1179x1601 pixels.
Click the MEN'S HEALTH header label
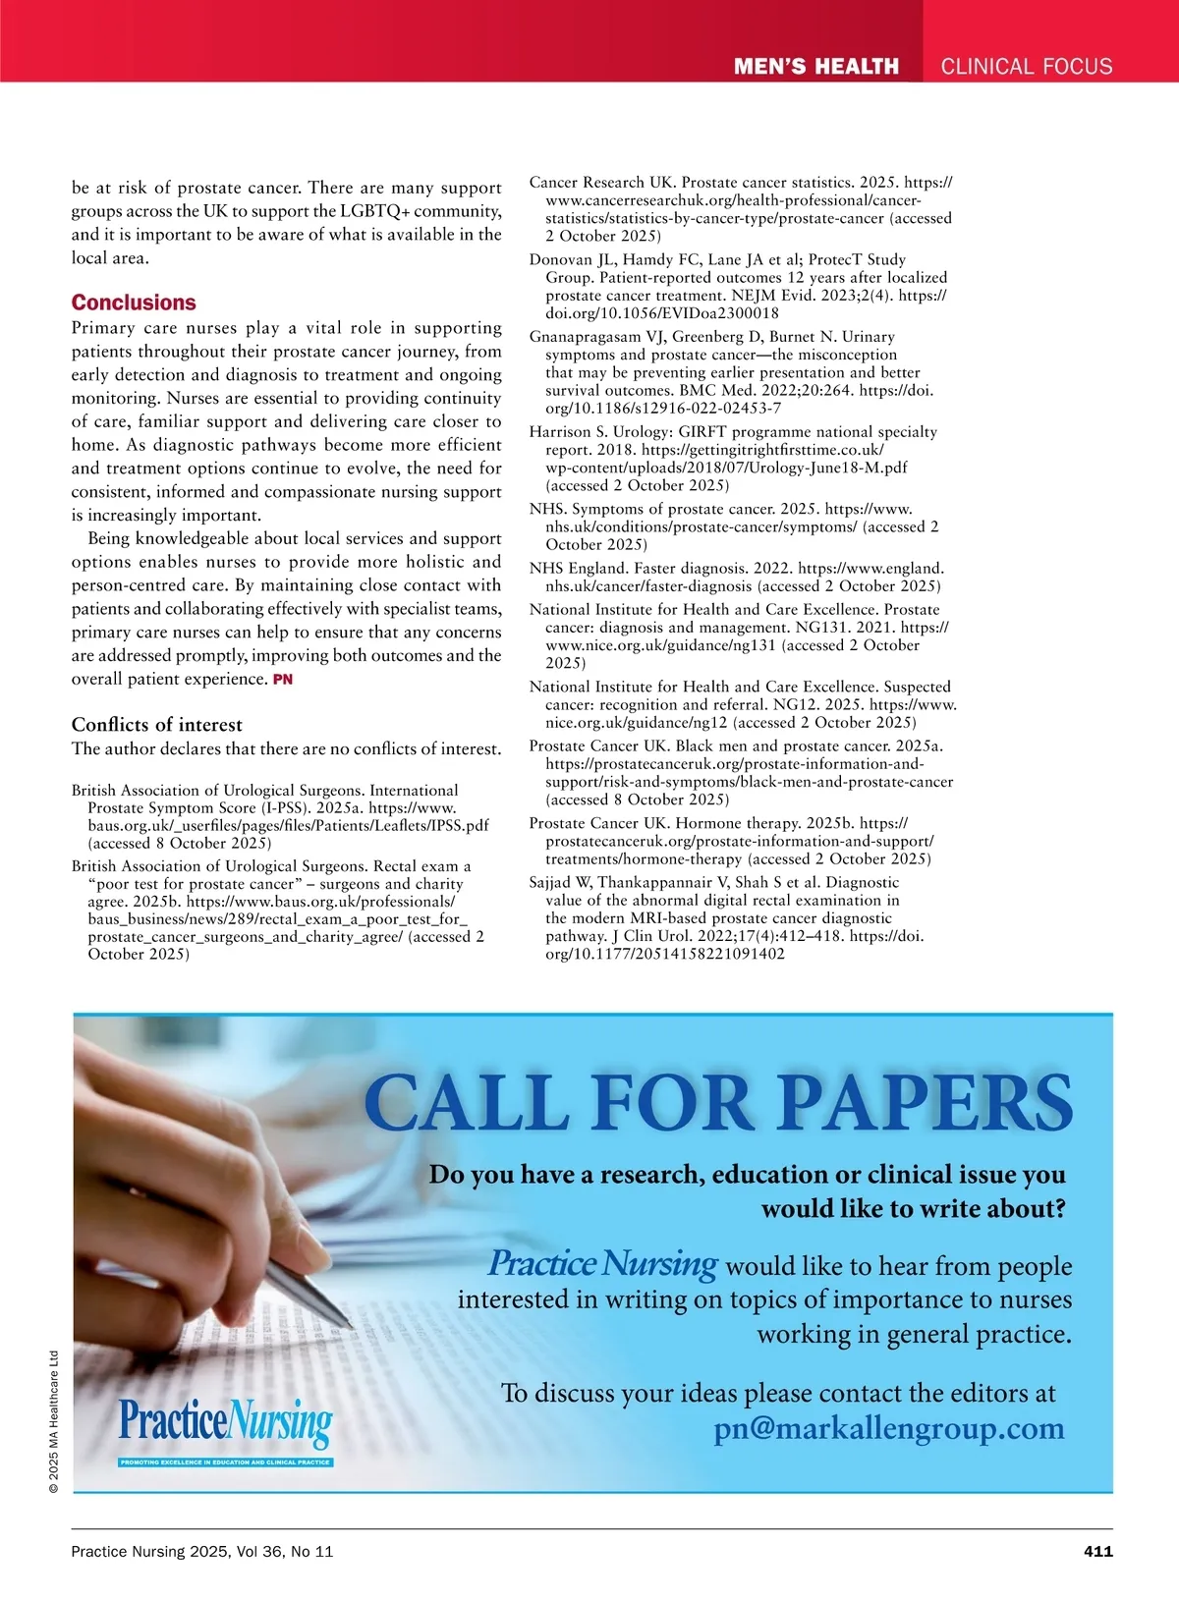click(x=815, y=67)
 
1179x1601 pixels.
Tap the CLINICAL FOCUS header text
click(x=1027, y=67)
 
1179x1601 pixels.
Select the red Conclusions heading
click(x=134, y=303)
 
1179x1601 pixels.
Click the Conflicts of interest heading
click(x=156, y=725)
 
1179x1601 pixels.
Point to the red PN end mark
click(x=283, y=680)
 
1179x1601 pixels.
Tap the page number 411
click(x=1097, y=1551)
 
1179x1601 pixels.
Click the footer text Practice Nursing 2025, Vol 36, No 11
click(x=202, y=1551)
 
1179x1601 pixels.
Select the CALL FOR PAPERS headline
click(x=718, y=1102)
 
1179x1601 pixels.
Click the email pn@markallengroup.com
click(x=888, y=1428)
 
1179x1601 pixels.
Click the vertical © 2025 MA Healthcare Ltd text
click(x=54, y=1422)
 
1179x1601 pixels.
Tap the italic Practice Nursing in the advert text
click(x=603, y=1263)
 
